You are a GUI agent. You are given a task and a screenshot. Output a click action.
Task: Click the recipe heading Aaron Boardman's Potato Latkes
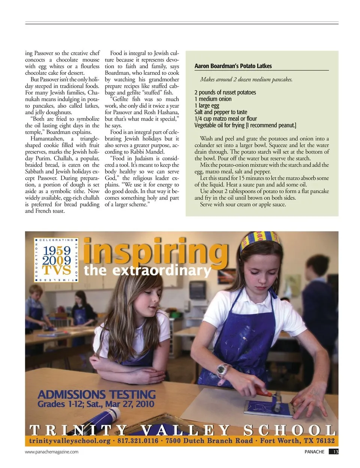point(233,66)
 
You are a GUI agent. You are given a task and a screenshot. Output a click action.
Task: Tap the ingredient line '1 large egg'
point(207,105)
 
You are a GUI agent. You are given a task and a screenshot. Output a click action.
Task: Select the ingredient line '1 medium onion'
point(213,99)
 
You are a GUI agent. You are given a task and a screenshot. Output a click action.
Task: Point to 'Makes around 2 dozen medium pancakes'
point(246,80)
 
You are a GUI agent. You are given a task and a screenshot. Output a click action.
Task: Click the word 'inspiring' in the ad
point(155,250)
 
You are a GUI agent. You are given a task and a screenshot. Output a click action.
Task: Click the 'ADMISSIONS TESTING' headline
point(96,394)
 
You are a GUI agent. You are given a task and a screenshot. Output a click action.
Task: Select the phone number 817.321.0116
point(138,441)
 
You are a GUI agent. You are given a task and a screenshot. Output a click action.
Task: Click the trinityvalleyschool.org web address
point(70,441)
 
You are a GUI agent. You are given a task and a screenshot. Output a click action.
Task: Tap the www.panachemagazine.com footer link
point(52,452)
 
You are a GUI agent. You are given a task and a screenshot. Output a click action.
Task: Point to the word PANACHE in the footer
point(314,452)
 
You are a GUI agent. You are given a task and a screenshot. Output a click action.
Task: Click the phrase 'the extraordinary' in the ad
point(147,271)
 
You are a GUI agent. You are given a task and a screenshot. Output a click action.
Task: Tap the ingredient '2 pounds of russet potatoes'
point(225,92)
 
